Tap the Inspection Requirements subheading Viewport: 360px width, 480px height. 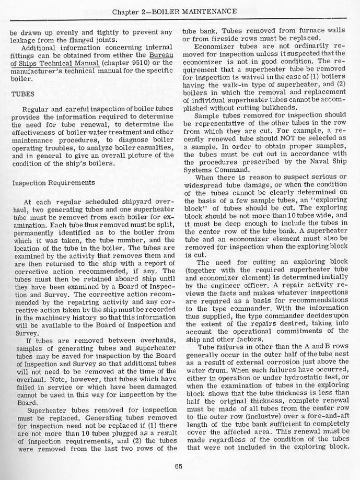[53, 183]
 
